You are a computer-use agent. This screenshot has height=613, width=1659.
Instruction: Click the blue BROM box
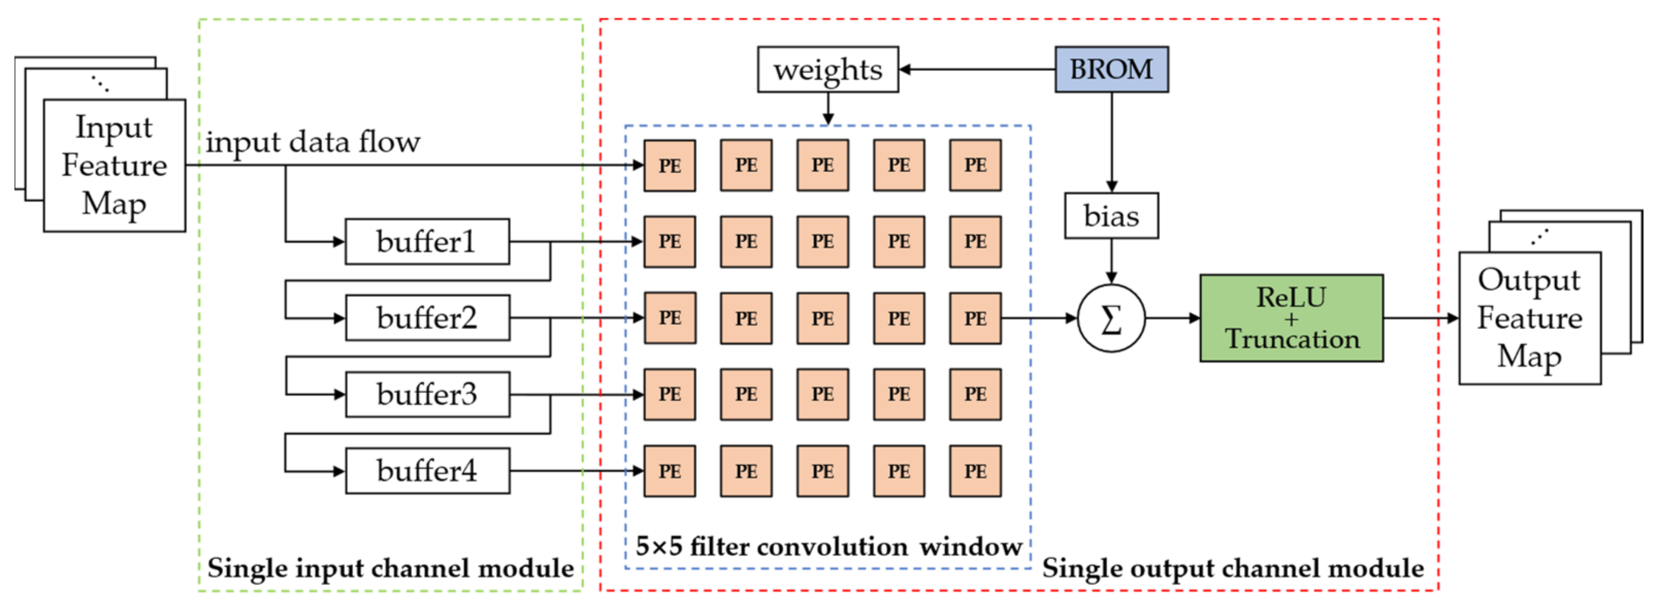[x=1111, y=69]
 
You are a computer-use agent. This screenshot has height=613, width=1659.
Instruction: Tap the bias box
[x=1111, y=216]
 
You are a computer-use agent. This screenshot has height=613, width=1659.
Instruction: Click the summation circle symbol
[x=1111, y=318]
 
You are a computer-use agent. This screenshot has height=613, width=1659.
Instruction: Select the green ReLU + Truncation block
[x=1291, y=318]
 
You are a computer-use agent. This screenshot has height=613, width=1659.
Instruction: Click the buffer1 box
[x=427, y=241]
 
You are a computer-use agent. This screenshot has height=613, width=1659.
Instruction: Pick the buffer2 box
[x=427, y=318]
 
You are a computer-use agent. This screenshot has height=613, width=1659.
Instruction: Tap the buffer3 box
[x=427, y=394]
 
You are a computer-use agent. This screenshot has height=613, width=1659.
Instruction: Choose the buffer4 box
[x=427, y=471]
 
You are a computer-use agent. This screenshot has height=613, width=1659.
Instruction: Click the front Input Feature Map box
[x=114, y=166]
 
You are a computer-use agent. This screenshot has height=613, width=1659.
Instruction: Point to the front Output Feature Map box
[x=1530, y=318]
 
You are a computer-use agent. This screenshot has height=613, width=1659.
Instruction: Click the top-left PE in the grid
[x=670, y=166]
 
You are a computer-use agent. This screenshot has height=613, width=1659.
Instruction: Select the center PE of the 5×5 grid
[x=822, y=318]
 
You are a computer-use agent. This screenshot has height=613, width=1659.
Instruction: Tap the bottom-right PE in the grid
[x=975, y=471]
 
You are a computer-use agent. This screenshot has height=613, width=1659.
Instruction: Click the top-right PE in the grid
[x=975, y=166]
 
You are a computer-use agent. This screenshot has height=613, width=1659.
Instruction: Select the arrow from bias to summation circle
[x=1111, y=261]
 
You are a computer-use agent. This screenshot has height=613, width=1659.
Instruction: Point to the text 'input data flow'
[x=313, y=142]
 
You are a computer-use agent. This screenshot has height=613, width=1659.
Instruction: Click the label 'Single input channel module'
[x=391, y=568]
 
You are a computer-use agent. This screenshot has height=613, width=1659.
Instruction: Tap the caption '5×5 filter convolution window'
[x=828, y=546]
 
